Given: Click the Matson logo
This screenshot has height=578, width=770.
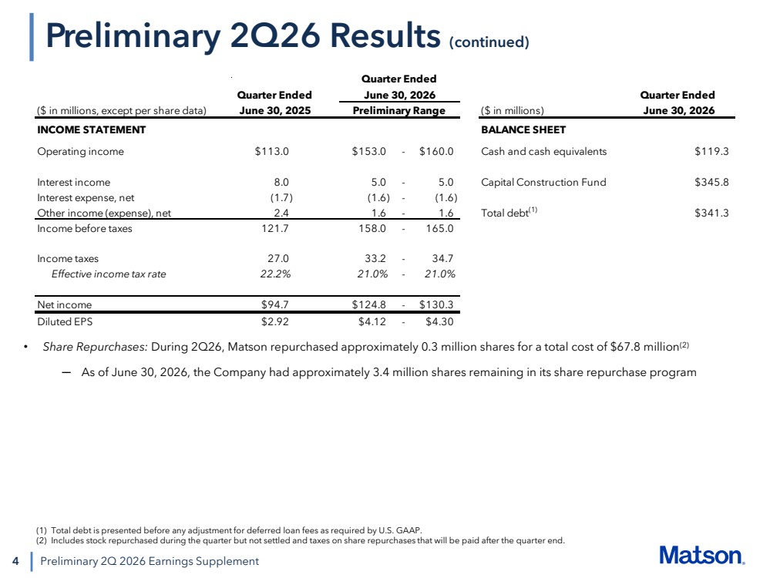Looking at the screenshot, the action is (701, 556).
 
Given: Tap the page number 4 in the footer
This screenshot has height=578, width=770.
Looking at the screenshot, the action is (15, 561).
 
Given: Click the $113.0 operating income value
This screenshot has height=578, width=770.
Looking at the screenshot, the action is (271, 151).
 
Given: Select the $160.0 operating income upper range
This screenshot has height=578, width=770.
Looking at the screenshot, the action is (436, 151).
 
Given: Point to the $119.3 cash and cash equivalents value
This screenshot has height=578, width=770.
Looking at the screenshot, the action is (711, 151).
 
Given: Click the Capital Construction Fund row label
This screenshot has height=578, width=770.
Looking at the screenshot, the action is (543, 182).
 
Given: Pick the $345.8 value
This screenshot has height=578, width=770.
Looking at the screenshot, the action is (711, 182).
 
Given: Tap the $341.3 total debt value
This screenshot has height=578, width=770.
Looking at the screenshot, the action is (711, 213).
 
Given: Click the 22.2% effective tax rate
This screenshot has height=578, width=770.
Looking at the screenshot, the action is (275, 274).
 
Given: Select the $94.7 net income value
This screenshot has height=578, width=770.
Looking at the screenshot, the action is (275, 304).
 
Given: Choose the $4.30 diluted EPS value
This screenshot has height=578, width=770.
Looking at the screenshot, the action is (439, 321).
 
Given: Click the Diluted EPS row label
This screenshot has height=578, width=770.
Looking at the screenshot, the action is (65, 321).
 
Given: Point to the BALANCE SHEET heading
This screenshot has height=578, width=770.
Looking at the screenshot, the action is (523, 129).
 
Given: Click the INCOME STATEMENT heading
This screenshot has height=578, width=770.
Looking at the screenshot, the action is (92, 129).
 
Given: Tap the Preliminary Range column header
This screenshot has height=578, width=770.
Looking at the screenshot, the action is (398, 110).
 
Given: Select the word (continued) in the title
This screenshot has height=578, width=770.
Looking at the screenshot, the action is (489, 42).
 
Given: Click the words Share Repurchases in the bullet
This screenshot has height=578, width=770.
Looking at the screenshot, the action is (96, 347).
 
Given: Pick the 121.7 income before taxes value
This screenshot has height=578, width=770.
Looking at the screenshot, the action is (275, 228).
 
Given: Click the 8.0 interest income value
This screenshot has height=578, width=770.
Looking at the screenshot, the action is (281, 182).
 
